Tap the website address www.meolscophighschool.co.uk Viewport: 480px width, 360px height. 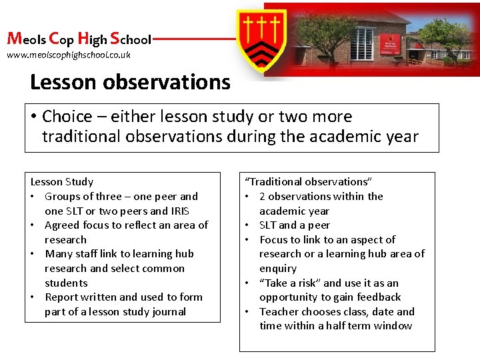(x=69, y=55)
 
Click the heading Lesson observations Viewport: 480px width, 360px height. (x=130, y=83)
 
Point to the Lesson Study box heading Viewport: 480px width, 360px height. (x=62, y=181)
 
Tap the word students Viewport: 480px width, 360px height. (x=66, y=283)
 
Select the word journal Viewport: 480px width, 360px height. (x=169, y=311)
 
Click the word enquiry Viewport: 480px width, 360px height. (x=278, y=268)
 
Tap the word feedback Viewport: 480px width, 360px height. (x=378, y=297)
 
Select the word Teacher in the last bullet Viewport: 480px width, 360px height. (x=280, y=311)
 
